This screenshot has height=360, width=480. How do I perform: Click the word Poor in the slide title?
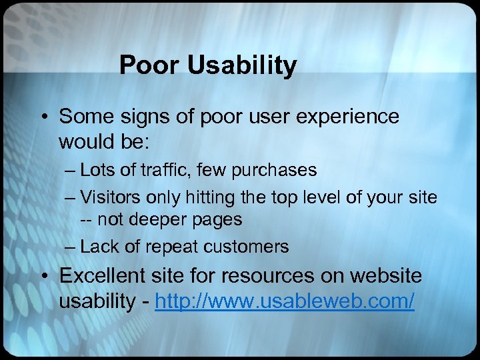click(x=146, y=66)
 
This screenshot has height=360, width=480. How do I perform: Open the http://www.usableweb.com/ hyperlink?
click(x=285, y=301)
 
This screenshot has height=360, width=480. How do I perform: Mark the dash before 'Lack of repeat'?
click(x=71, y=247)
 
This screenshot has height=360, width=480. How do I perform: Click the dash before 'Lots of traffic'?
click(x=71, y=171)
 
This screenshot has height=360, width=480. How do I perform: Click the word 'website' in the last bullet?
click(x=388, y=275)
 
